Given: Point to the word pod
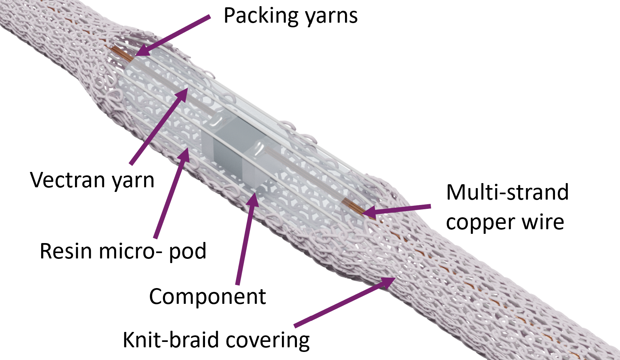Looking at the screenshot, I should coord(187,252).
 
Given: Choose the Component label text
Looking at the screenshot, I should coord(207,297).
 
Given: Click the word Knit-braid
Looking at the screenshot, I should coord(171,340).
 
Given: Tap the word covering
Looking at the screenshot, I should coord(268,340).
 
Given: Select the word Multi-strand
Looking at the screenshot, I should coord(507,192).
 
